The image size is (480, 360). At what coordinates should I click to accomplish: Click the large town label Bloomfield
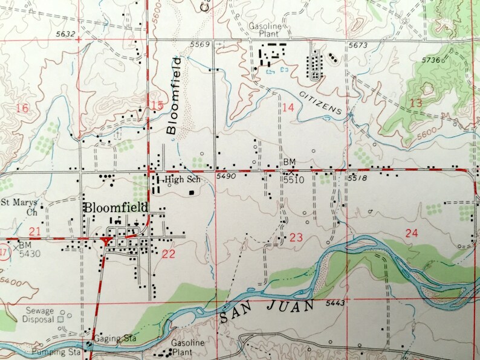[116, 207]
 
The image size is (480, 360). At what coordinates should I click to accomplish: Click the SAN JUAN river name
[267, 311]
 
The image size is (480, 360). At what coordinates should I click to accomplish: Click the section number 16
[23, 108]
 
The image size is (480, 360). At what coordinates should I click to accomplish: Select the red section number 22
[169, 254]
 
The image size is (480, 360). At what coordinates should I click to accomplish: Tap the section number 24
[412, 233]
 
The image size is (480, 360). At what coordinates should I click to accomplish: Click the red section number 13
[416, 103]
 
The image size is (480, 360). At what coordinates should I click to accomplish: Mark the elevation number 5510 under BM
[294, 180]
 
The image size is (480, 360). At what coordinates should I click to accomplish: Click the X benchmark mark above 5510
[291, 172]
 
